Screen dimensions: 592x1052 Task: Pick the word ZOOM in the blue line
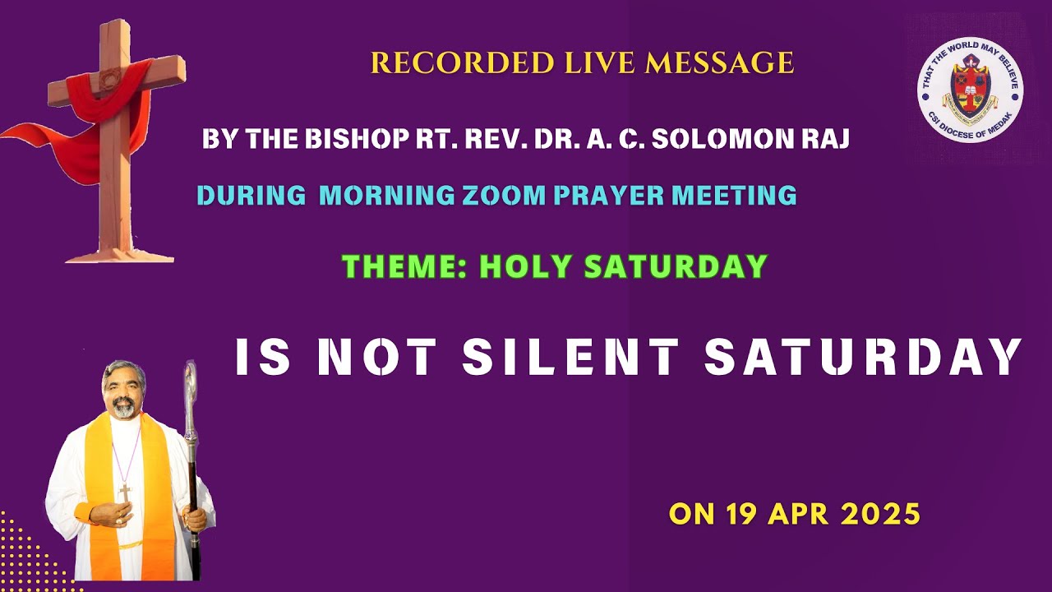[x=502, y=196]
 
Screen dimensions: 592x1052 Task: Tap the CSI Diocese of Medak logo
[x=970, y=90]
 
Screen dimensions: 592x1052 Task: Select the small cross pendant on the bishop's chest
[x=125, y=493]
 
